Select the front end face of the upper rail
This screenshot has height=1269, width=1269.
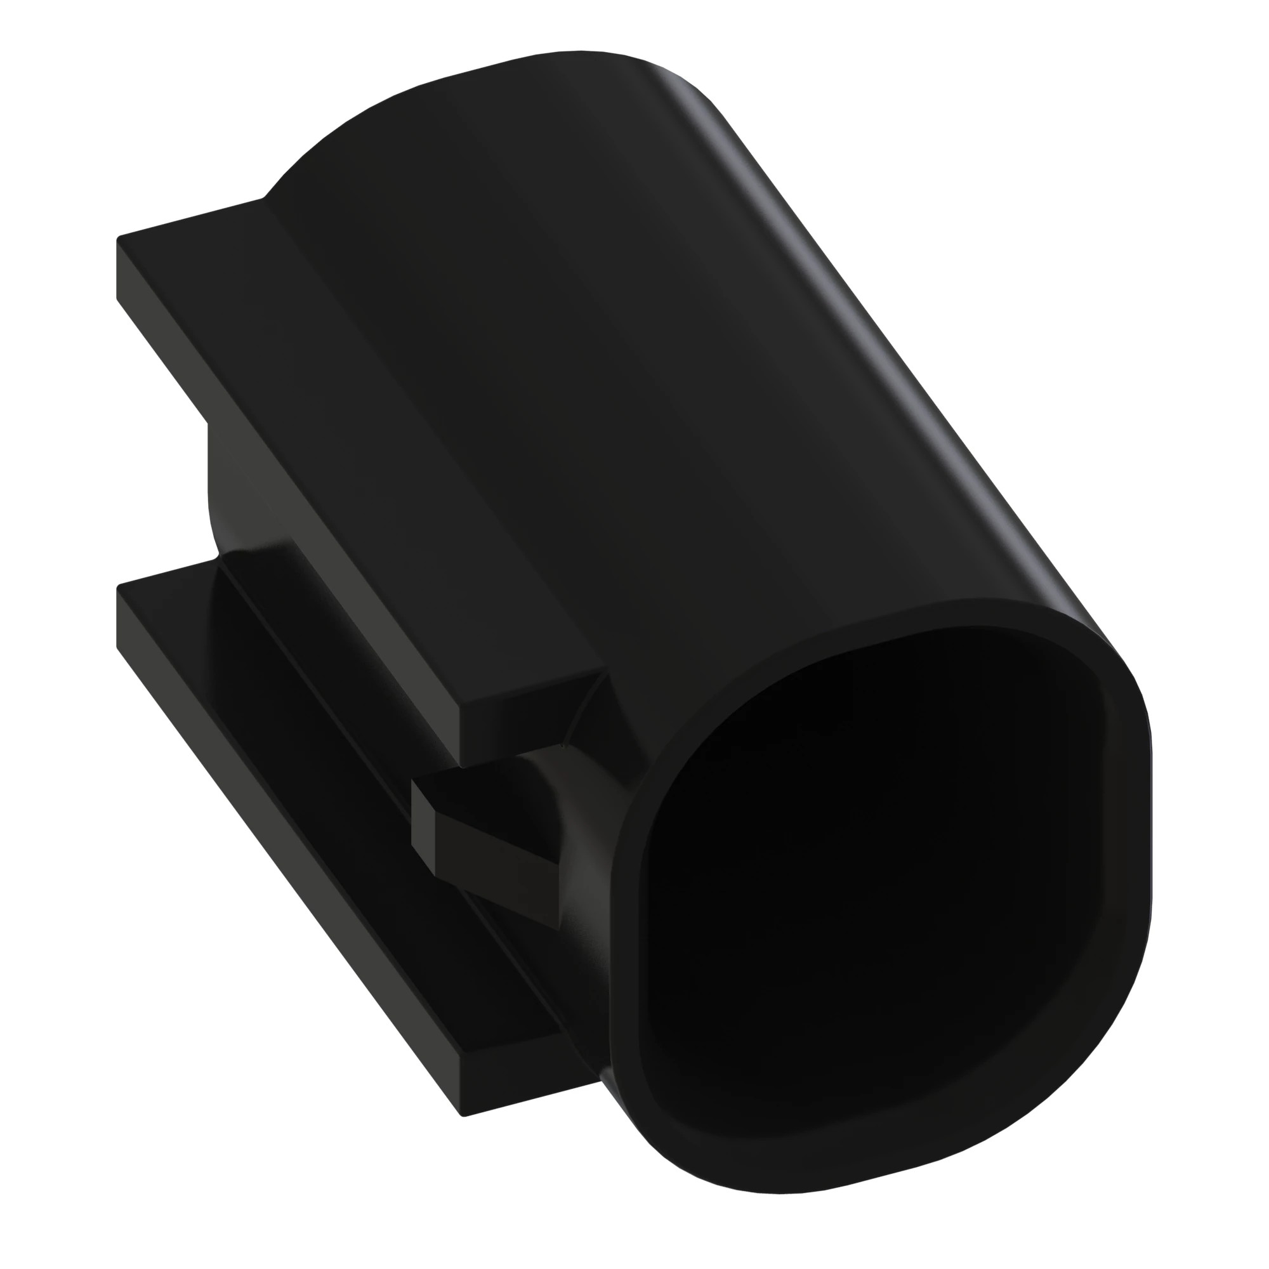[529, 720]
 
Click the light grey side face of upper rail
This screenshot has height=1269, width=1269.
[282, 499]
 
